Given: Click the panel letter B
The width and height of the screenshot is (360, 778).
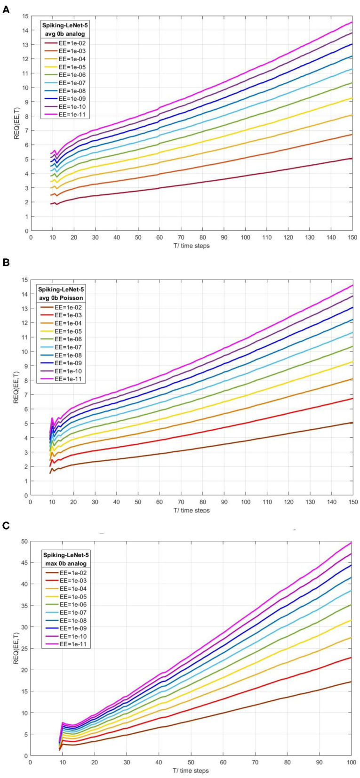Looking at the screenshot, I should point(6,263).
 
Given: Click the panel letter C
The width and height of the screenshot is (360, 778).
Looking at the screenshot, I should point(6,525).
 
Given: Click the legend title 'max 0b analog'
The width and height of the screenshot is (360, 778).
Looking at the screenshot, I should point(65,563).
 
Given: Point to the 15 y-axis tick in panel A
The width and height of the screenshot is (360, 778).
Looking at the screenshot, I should point(24,16).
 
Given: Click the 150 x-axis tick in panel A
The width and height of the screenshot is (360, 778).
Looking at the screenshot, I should point(352,238).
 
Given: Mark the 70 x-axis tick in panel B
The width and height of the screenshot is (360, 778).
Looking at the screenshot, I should point(181,502).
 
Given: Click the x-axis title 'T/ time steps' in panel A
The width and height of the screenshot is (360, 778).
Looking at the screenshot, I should point(191,246).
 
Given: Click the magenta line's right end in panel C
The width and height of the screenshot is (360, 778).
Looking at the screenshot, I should point(351,543).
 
